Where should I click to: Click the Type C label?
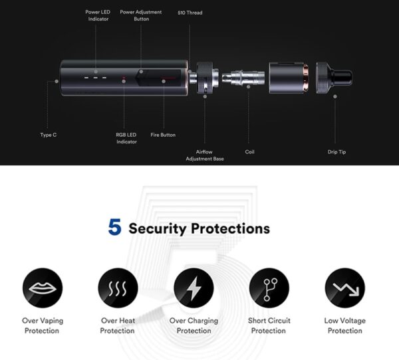(49, 135)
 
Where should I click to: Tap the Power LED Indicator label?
(98, 15)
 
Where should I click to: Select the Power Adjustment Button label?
(140, 15)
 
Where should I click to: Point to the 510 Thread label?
(190, 13)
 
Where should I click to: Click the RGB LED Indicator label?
(126, 138)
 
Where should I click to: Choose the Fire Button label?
(163, 135)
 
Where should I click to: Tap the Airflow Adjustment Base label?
(204, 155)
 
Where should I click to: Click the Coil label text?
(250, 152)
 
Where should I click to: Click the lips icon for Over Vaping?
(43, 288)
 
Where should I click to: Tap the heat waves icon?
(118, 288)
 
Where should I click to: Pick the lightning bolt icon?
(194, 288)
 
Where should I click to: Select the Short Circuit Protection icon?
(269, 288)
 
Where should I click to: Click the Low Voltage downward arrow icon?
(344, 288)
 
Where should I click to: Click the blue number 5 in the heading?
(114, 228)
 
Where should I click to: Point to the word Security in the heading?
(158, 229)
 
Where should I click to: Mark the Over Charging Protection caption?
(194, 325)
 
